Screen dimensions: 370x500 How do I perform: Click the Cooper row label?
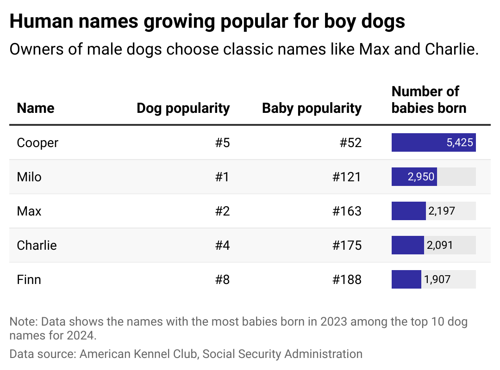(x=37, y=143)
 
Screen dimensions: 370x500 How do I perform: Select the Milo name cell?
(x=29, y=177)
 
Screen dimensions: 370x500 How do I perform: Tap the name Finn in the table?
(x=29, y=280)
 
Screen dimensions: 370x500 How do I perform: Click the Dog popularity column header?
(x=183, y=108)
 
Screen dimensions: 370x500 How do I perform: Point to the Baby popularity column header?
(x=312, y=108)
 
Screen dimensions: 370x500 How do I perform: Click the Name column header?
(x=36, y=108)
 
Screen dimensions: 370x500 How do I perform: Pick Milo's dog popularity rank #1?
(x=222, y=177)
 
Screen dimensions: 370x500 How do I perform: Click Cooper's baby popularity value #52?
(x=350, y=143)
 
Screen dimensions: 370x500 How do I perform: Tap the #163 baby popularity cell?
(x=347, y=211)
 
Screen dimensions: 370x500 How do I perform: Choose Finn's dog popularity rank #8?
(x=222, y=280)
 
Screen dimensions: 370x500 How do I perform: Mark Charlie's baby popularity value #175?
(x=347, y=246)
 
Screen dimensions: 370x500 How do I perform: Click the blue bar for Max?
(x=408, y=211)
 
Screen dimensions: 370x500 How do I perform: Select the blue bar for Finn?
(x=406, y=280)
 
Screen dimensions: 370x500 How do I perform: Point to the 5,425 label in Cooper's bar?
(x=460, y=143)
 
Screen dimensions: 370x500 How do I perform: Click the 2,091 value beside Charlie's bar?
(x=440, y=246)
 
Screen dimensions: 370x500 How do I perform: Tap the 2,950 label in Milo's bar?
(x=420, y=177)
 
